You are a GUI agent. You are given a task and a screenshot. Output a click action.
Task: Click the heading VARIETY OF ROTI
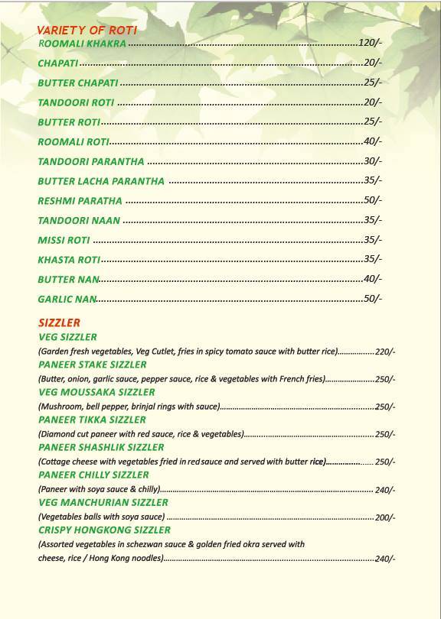[87, 30]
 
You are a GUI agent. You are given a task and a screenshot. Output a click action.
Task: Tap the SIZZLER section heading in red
[59, 322]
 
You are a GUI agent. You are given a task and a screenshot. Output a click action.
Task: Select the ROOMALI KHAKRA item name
[82, 44]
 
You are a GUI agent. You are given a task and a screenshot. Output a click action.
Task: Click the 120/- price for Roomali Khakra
[370, 43]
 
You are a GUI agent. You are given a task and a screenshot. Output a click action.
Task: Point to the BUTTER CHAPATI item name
[78, 83]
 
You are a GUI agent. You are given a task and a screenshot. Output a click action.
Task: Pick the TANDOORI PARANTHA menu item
[91, 161]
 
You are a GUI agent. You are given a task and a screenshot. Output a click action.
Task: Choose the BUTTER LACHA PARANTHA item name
[101, 181]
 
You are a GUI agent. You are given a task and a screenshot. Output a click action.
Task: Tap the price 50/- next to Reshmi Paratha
[372, 200]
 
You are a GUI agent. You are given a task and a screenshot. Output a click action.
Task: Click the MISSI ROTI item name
[64, 240]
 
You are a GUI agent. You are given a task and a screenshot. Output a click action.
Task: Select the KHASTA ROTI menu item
[69, 260]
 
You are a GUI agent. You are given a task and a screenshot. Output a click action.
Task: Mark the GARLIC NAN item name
[67, 299]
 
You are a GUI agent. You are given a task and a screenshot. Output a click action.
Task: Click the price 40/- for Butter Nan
[372, 279]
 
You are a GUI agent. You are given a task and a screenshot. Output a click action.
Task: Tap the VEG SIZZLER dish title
[67, 337]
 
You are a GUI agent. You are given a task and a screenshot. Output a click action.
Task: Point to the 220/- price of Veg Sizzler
[385, 352]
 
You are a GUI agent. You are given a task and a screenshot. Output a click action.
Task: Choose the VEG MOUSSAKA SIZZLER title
[96, 392]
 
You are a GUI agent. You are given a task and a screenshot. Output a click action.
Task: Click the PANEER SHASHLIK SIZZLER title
[101, 447]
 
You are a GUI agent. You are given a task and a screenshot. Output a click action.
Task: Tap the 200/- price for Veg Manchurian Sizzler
[385, 517]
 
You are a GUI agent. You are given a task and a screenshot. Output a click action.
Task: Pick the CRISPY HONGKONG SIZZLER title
[104, 530]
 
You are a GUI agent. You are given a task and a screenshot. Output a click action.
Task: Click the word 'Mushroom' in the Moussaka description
[58, 407]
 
